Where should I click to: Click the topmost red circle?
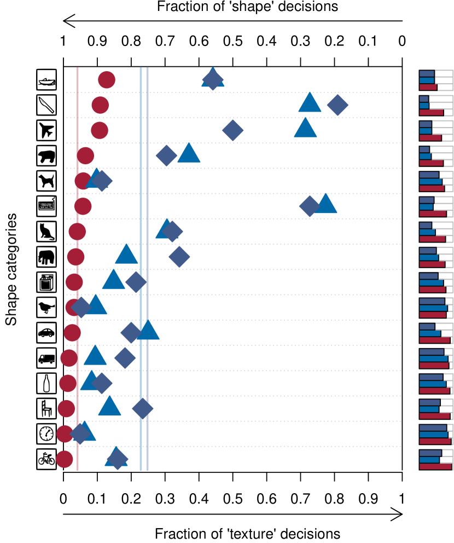click(x=107, y=80)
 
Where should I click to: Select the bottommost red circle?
click(x=64, y=459)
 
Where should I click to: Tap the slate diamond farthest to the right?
click(x=337, y=105)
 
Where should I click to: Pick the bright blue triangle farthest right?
click(x=325, y=204)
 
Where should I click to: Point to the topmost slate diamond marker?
click(x=212, y=79)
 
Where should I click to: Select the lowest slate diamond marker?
click(x=117, y=459)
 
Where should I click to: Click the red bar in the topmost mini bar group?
click(x=428, y=87)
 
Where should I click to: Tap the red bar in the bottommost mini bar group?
click(x=435, y=466)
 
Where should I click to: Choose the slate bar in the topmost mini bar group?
click(x=427, y=73)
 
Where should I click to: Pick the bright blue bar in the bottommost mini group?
click(x=429, y=460)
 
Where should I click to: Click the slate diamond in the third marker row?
click(x=232, y=130)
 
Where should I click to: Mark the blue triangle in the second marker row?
click(x=310, y=103)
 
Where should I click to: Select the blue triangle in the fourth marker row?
click(x=189, y=154)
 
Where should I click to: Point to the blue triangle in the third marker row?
click(x=305, y=129)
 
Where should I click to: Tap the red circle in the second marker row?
click(x=100, y=105)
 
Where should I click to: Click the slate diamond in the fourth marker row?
click(x=166, y=155)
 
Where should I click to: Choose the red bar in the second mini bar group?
click(x=431, y=112)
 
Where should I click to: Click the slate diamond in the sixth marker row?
click(x=310, y=206)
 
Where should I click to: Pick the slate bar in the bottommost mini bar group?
click(x=430, y=453)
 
